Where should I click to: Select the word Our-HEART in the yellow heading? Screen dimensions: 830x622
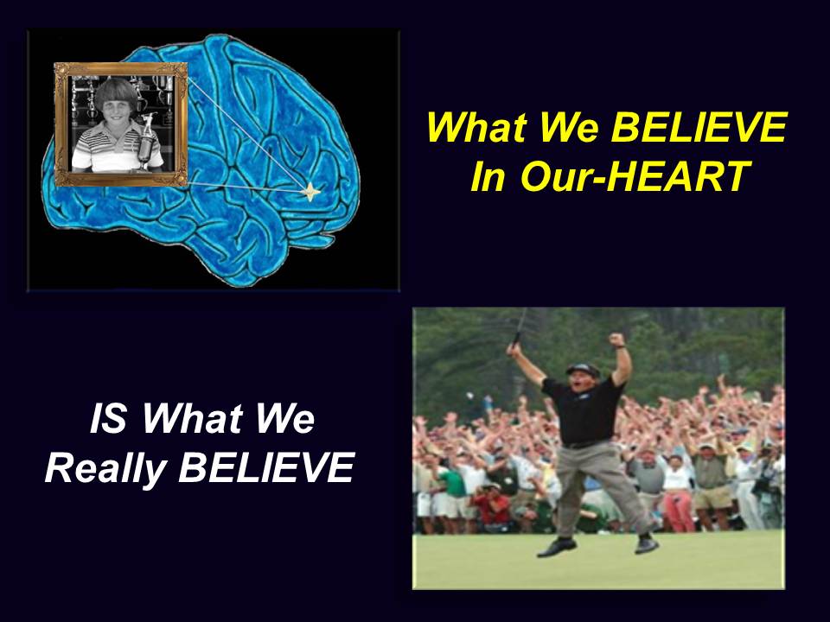point(635,176)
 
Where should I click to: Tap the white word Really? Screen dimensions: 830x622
point(105,468)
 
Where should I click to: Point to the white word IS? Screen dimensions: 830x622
point(108,418)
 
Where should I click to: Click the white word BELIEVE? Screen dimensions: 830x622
point(266,467)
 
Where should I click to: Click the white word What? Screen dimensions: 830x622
point(192,418)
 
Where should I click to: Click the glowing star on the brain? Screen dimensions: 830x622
point(310,192)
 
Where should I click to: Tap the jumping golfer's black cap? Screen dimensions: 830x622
point(583,369)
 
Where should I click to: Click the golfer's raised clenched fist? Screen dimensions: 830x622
point(616,339)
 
